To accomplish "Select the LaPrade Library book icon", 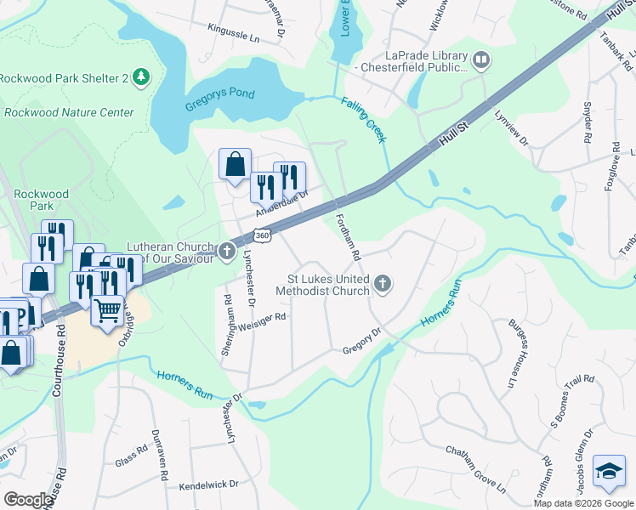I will coord(481,59).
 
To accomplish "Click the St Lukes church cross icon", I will coord(383,284).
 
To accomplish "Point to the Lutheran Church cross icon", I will coord(226,251).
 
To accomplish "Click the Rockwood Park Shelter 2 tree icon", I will coord(141,78).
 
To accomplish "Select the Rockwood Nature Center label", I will coord(70,112).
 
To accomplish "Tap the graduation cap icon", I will coord(609,472).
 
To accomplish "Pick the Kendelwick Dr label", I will coord(209,487).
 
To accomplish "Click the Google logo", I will coord(29,499).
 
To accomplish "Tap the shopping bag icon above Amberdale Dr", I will coord(235,163).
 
